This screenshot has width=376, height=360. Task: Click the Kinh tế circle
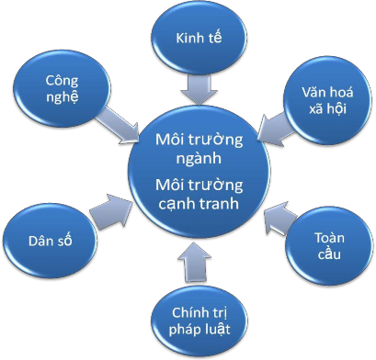tap(199, 39)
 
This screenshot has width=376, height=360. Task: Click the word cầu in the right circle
tap(327, 253)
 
